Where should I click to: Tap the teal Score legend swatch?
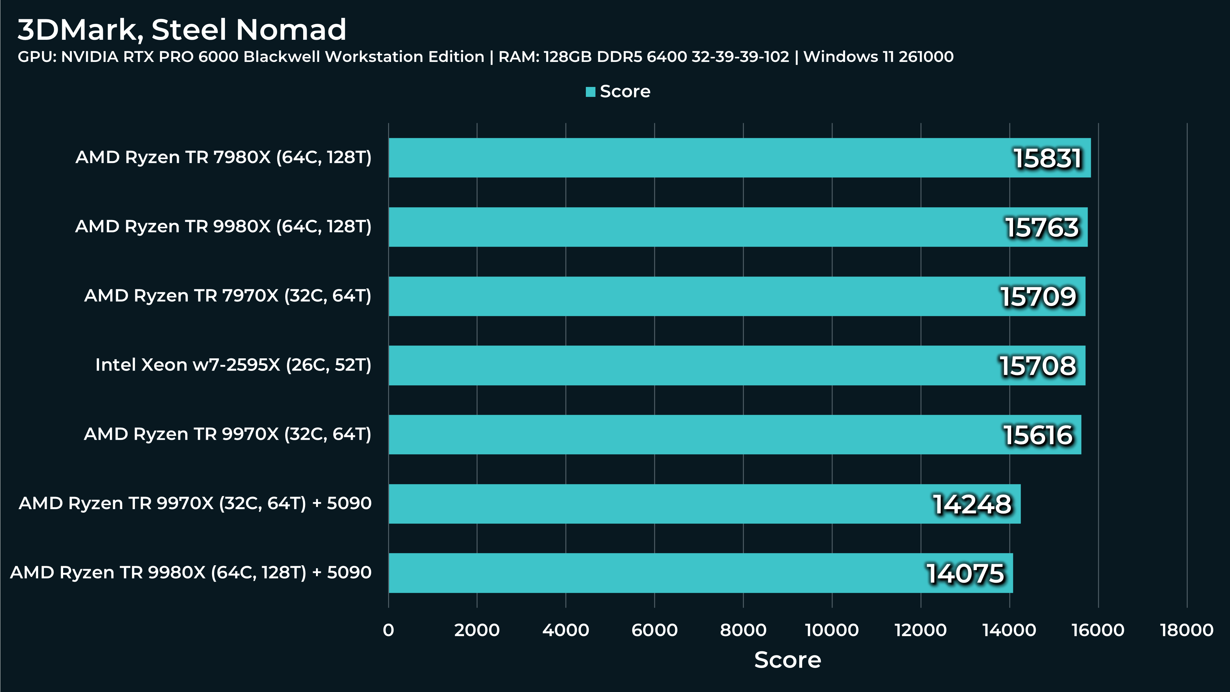[x=590, y=92]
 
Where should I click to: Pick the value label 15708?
[x=1038, y=366]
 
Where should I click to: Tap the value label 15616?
[x=1038, y=435]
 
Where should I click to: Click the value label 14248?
[x=972, y=504]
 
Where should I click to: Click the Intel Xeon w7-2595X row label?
[x=233, y=365]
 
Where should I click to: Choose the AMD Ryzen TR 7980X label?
[x=223, y=157]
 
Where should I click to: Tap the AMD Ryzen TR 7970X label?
[x=227, y=296]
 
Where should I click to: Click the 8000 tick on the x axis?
[x=743, y=630]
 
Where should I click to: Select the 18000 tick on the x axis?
[x=1186, y=630]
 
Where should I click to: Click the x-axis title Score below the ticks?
[x=787, y=660]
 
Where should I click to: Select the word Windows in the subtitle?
[x=840, y=57]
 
